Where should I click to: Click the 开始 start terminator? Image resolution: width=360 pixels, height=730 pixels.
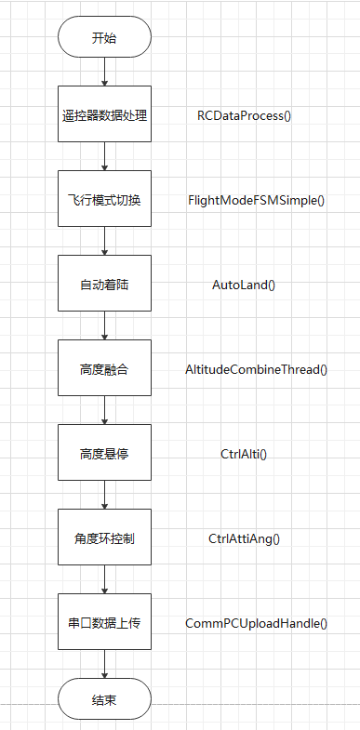point(104,38)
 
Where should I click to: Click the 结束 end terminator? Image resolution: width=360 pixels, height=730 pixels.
point(104,697)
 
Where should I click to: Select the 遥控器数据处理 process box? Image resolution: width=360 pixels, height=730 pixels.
point(104,116)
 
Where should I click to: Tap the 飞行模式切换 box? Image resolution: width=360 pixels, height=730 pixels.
point(104,200)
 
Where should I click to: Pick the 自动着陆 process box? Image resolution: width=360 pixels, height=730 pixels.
point(104,285)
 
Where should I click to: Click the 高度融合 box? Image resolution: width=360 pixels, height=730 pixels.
point(104,369)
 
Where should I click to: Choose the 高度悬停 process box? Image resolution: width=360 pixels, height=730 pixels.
point(104,454)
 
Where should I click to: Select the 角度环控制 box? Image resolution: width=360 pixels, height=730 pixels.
point(104,538)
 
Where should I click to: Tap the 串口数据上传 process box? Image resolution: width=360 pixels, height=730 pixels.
point(104,622)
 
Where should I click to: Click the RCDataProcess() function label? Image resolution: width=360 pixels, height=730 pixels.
point(245,116)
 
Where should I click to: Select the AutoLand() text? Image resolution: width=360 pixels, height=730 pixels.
point(244,285)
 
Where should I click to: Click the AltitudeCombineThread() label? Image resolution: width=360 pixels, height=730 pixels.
point(257,369)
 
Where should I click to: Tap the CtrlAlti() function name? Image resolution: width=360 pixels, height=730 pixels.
point(244,454)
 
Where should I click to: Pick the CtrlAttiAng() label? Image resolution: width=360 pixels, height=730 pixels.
point(244,538)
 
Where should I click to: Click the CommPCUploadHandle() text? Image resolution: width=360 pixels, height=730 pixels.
point(257,622)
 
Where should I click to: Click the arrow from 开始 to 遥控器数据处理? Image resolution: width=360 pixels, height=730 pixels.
point(104,72)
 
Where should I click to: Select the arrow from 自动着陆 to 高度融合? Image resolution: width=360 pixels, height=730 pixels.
point(104,325)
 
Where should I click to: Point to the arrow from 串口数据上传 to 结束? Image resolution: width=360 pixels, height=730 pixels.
point(104,663)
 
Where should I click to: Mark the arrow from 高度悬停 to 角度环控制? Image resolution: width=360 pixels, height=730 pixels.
point(104,495)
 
